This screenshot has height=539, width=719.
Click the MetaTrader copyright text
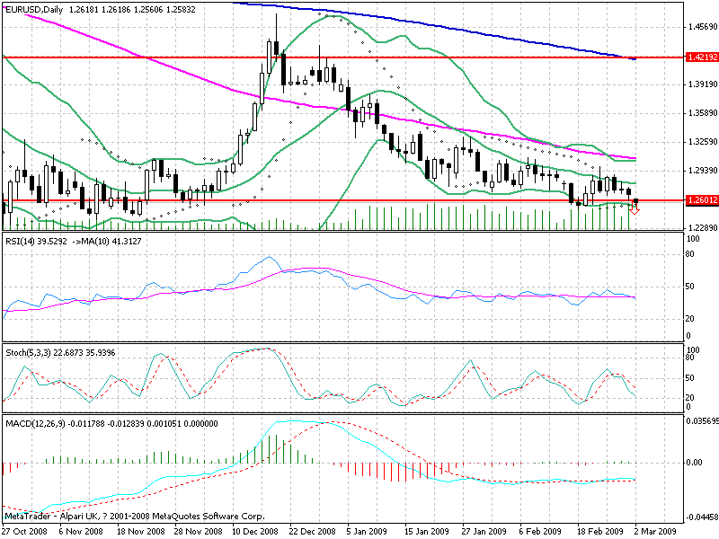[x=134, y=517]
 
